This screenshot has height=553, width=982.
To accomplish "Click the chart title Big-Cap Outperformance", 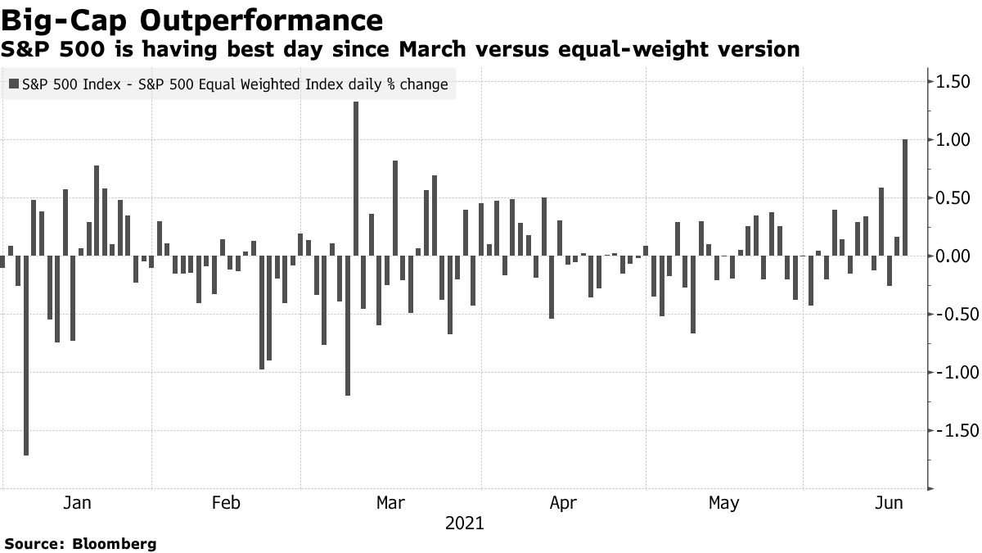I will [191, 20].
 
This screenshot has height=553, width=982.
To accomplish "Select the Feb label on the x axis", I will [226, 502].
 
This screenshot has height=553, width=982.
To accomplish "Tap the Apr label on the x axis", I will [563, 502].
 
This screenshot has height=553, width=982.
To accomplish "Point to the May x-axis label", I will [723, 502].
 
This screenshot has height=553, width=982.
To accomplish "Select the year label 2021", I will [464, 523].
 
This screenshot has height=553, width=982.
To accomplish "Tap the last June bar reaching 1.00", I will [905, 197].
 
